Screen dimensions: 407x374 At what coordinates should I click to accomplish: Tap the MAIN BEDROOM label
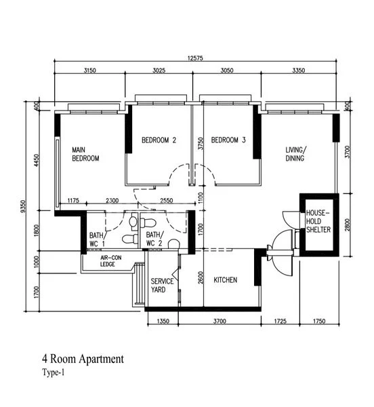(86, 153)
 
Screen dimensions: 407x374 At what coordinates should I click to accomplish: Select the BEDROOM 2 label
(159, 140)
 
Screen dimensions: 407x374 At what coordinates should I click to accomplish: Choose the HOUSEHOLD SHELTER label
(317, 221)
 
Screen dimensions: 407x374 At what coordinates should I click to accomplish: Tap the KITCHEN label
(225, 279)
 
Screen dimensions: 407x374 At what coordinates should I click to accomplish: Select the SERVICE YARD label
(163, 285)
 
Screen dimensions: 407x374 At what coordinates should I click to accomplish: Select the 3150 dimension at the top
(92, 70)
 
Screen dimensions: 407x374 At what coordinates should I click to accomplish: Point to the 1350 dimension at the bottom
(163, 320)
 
